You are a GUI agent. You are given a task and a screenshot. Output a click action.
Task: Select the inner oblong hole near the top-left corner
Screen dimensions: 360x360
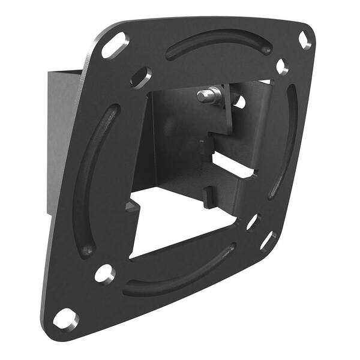click(x=140, y=77)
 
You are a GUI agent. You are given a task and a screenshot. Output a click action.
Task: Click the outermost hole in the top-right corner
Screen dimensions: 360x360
click(x=305, y=40)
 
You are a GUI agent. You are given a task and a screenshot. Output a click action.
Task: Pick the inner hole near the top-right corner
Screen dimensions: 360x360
click(x=281, y=66)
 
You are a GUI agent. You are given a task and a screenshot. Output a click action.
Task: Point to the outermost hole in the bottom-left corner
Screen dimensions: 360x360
click(x=65, y=319)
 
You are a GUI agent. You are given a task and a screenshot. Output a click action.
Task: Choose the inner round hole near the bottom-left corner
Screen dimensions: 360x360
click(x=104, y=274)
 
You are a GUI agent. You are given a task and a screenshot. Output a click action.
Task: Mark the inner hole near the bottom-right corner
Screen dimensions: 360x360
click(x=252, y=222)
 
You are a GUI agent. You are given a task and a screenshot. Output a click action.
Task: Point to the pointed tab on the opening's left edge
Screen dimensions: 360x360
click(x=130, y=207)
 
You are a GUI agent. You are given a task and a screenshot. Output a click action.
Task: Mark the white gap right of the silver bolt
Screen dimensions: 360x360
click(x=240, y=101)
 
